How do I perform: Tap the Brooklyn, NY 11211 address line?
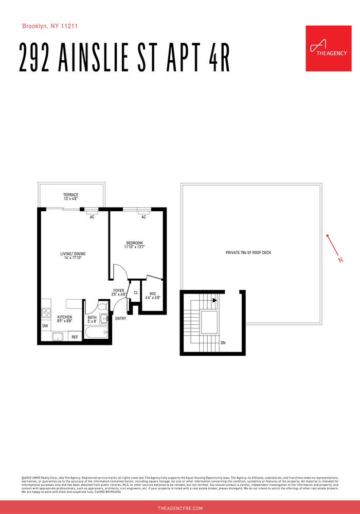(50, 26)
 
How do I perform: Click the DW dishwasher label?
(45, 326)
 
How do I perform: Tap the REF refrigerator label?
(75, 337)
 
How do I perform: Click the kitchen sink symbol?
(58, 337)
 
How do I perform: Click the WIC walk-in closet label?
(153, 296)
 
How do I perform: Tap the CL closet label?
(136, 292)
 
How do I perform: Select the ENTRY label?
(120, 318)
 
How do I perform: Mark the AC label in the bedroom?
(143, 217)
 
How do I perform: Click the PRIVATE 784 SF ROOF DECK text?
(251, 253)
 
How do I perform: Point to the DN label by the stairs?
(223, 343)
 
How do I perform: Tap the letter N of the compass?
(340, 260)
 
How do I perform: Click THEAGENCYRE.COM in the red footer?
(180, 508)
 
